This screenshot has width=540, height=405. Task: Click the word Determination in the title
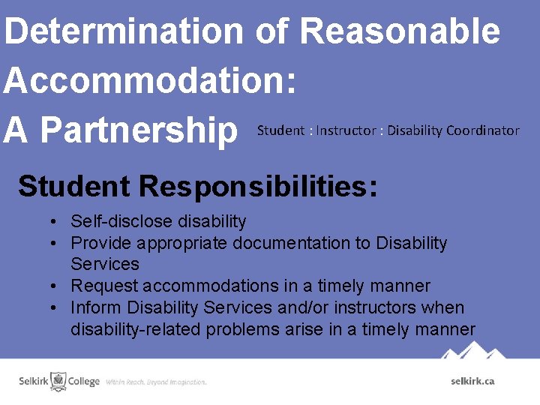(x=123, y=31)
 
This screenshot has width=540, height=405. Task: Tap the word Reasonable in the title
(x=400, y=31)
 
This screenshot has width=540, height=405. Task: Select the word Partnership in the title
(x=139, y=130)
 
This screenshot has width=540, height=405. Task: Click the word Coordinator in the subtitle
(x=482, y=130)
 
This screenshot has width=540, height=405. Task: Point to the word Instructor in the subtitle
(x=346, y=130)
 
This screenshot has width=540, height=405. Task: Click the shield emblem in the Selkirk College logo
(x=58, y=380)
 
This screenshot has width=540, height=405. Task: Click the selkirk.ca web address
(x=472, y=381)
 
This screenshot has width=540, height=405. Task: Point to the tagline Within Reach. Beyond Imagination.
(x=156, y=382)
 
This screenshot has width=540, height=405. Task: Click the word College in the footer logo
(x=84, y=381)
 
